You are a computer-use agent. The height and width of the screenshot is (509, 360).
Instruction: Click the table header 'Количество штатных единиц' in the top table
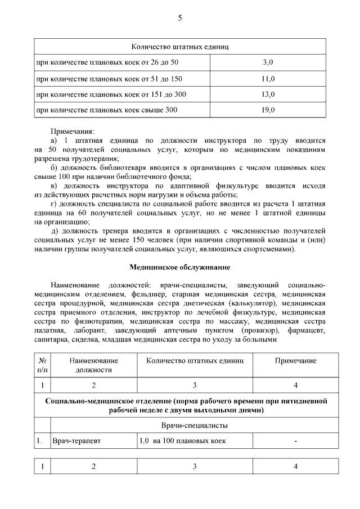179,46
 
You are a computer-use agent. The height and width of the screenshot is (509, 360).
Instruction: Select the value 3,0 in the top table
268,61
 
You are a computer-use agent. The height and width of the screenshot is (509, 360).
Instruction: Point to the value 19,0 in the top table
268,110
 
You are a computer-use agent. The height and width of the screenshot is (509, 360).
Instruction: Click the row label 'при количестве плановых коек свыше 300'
106,110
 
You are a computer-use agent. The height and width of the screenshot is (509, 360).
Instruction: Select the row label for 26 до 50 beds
106,61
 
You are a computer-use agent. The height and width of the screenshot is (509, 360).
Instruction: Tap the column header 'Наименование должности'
93,365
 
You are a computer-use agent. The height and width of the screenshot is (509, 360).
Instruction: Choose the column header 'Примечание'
295,361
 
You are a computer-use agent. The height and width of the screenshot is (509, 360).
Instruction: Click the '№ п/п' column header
42,365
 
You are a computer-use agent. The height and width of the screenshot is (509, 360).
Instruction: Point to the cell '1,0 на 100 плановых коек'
182,441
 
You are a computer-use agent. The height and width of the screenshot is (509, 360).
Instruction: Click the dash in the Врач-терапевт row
295,442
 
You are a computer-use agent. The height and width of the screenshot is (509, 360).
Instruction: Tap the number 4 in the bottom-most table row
295,466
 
